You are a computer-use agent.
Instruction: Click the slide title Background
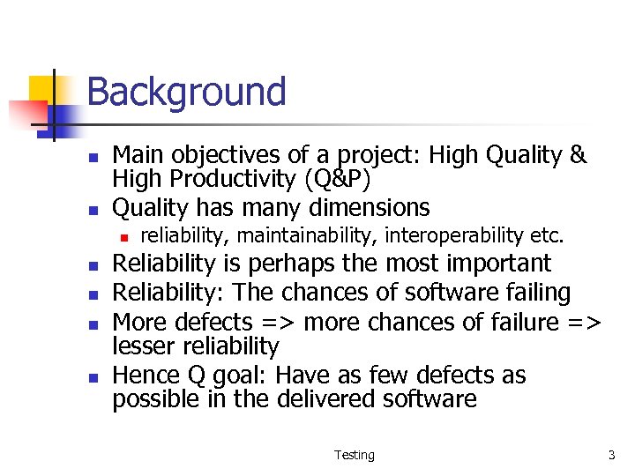[x=186, y=92]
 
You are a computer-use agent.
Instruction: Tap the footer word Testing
[x=354, y=455]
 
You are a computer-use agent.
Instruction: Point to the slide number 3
[x=610, y=455]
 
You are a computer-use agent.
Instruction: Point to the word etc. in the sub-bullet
[x=547, y=235]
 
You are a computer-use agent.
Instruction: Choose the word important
[x=498, y=264]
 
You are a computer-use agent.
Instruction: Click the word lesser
[x=144, y=346]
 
